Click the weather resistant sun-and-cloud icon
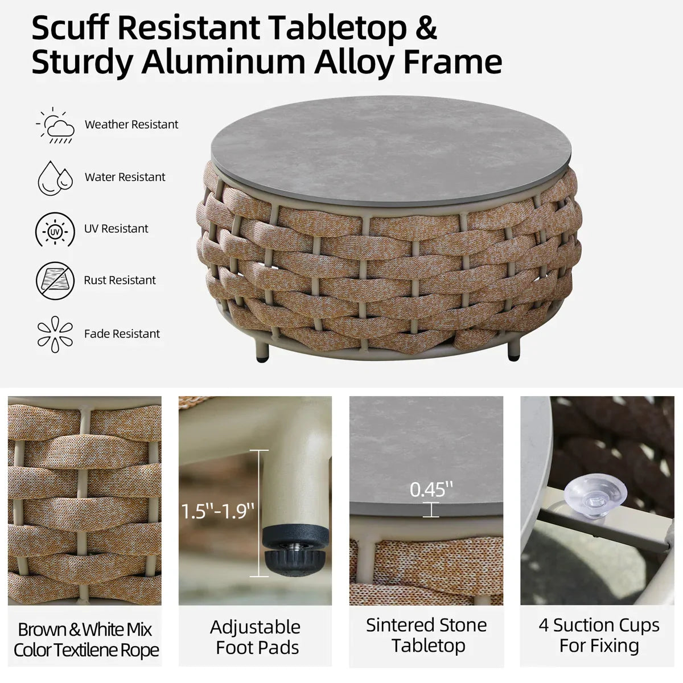point(55,125)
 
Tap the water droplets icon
point(55,178)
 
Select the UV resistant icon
point(55,229)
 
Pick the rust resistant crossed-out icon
point(55,281)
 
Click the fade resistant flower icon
point(55,334)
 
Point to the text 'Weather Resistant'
point(131,125)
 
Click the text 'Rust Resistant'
point(120,280)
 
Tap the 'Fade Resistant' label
point(122,334)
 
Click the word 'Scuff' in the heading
point(70,28)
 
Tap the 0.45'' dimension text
point(431,489)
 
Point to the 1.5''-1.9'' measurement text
point(217,512)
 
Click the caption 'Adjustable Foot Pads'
point(256,637)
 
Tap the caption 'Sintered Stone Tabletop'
point(426,636)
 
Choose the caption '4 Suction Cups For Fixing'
point(599,636)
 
